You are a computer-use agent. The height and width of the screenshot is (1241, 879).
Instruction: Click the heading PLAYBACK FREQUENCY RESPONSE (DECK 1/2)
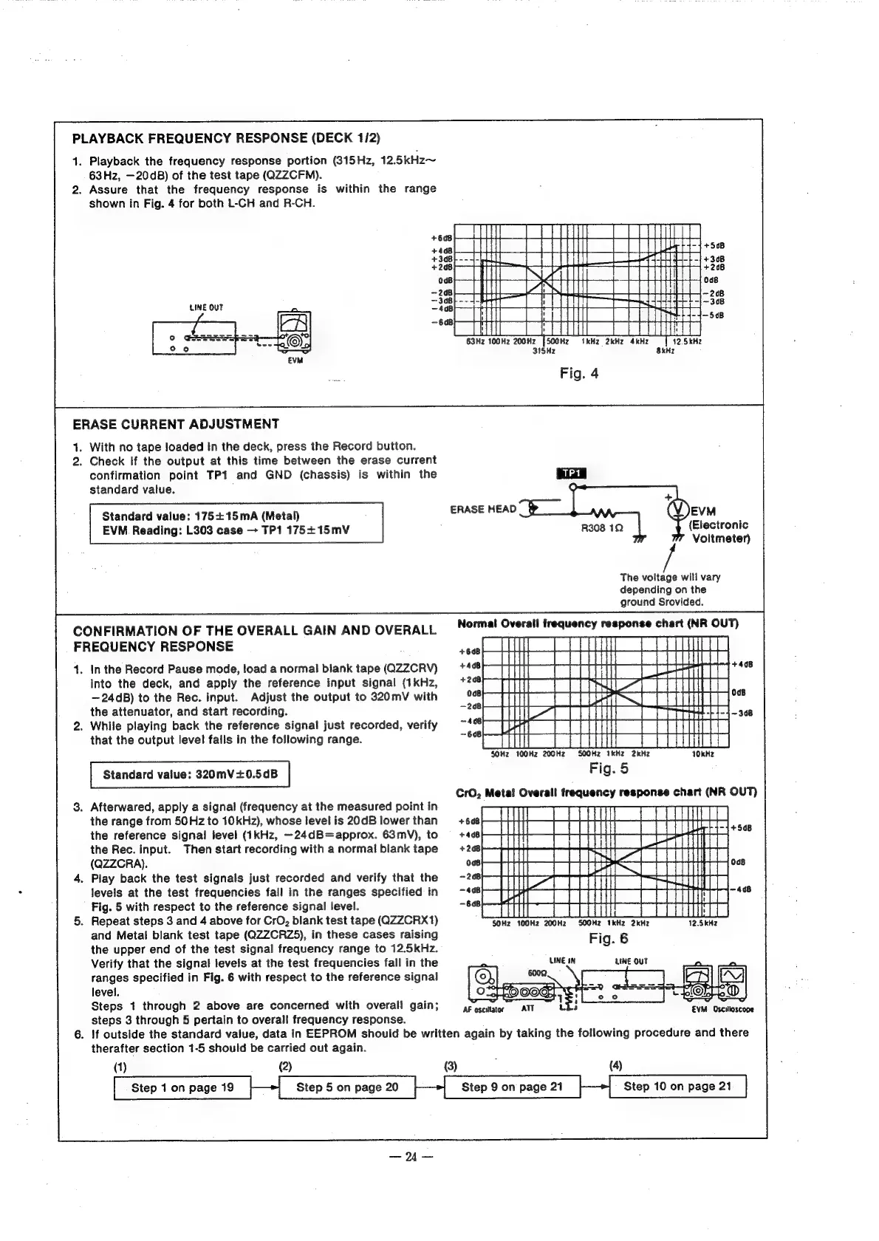[226, 138]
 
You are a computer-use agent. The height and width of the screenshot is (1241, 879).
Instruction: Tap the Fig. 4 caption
[578, 373]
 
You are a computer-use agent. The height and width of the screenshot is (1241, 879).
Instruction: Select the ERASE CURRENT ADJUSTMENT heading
[176, 424]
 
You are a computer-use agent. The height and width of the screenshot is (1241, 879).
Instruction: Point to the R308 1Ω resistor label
[603, 529]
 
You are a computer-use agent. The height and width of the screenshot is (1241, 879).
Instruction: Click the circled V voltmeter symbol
[677, 510]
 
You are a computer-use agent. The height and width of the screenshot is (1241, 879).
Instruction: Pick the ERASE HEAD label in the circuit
[483, 509]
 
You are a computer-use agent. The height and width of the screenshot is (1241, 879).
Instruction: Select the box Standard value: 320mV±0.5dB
[190, 775]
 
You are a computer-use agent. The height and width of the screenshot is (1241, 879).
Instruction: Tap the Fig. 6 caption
[609, 939]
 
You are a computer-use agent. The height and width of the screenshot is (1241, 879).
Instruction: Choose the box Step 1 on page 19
[182, 1087]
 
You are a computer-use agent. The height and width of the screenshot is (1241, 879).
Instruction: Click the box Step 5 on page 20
[347, 1087]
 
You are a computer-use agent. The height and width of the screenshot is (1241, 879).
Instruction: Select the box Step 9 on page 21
[512, 1087]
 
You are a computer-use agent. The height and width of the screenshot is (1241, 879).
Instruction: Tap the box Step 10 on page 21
[677, 1087]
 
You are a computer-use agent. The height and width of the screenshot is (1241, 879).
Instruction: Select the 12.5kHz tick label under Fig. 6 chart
[702, 923]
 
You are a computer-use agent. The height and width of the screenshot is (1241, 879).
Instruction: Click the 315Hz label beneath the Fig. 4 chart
[543, 351]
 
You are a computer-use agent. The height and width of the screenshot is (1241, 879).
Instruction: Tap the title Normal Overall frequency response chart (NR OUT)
[598, 623]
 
